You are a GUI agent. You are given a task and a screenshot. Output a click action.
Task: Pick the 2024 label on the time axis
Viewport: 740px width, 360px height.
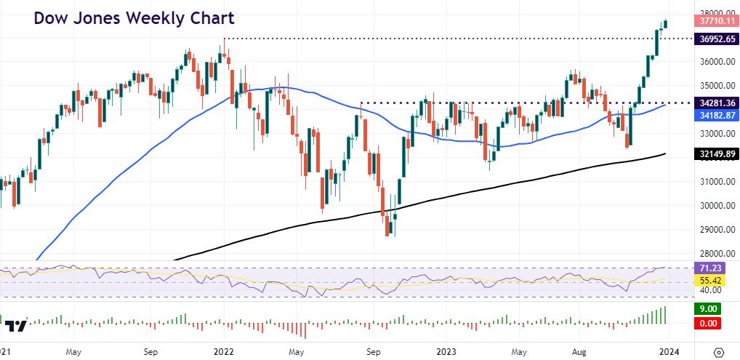pos(668,351)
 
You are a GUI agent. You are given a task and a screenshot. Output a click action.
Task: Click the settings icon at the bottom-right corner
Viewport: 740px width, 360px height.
pos(719,351)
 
